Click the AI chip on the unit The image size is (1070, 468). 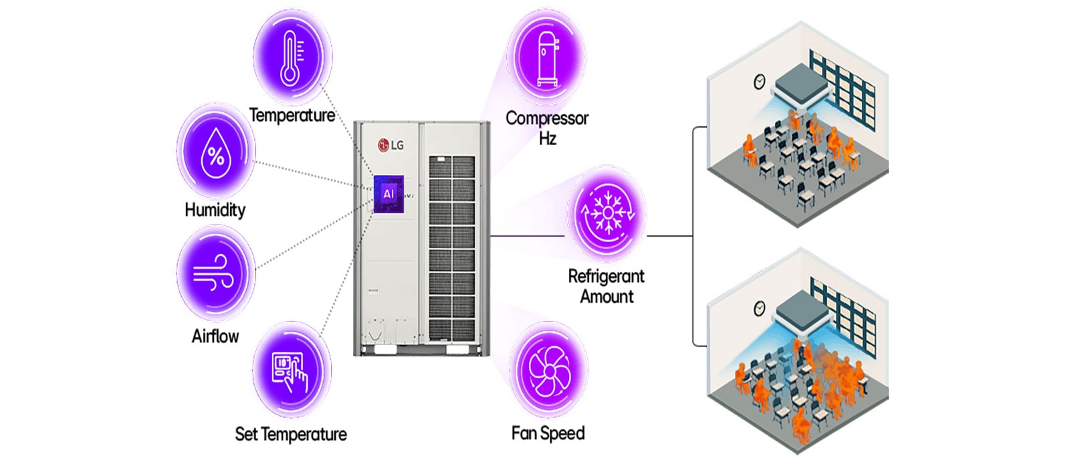[389, 194]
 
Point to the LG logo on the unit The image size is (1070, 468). [391, 144]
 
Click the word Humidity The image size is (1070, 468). [215, 210]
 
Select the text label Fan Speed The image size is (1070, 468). [548, 433]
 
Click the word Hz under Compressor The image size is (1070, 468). [547, 138]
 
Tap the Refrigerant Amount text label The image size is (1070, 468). [606, 286]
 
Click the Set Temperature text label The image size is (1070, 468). [291, 435]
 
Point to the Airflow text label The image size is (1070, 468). [215, 336]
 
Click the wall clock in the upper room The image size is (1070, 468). [760, 82]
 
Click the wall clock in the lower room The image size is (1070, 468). [760, 308]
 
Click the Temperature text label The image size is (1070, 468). [292, 115]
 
